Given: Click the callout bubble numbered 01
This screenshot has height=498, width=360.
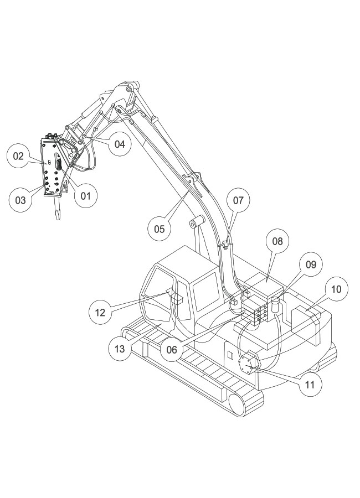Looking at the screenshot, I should [x=85, y=195].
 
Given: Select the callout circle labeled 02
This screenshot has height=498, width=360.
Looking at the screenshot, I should [x=19, y=156].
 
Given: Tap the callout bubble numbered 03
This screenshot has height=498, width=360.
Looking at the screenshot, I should [x=20, y=200].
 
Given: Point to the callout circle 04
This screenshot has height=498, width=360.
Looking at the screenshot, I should [x=120, y=144].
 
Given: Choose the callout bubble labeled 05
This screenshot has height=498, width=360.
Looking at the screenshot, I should [x=160, y=229].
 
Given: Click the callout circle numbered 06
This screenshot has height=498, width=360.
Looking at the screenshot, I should [x=172, y=349].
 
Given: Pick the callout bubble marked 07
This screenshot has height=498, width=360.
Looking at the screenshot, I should [x=238, y=200].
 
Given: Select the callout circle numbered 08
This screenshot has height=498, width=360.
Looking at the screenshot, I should [x=277, y=241].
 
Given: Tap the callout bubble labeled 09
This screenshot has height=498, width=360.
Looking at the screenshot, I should [x=311, y=264].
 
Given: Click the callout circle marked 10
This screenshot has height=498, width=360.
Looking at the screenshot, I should [x=336, y=289].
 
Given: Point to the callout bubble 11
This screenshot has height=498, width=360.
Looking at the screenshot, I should [x=309, y=384].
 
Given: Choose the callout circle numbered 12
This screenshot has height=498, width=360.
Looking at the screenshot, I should [x=100, y=312].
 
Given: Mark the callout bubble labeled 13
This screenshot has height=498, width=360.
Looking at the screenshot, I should [x=120, y=349].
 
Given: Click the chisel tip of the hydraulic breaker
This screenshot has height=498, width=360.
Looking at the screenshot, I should [x=57, y=212].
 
